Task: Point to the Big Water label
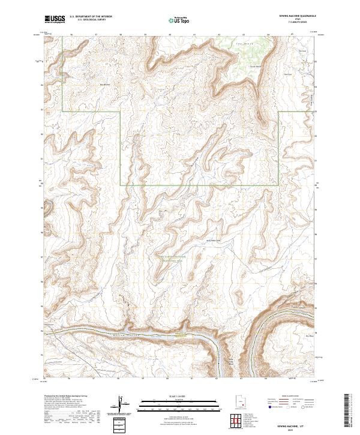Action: [106, 85]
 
